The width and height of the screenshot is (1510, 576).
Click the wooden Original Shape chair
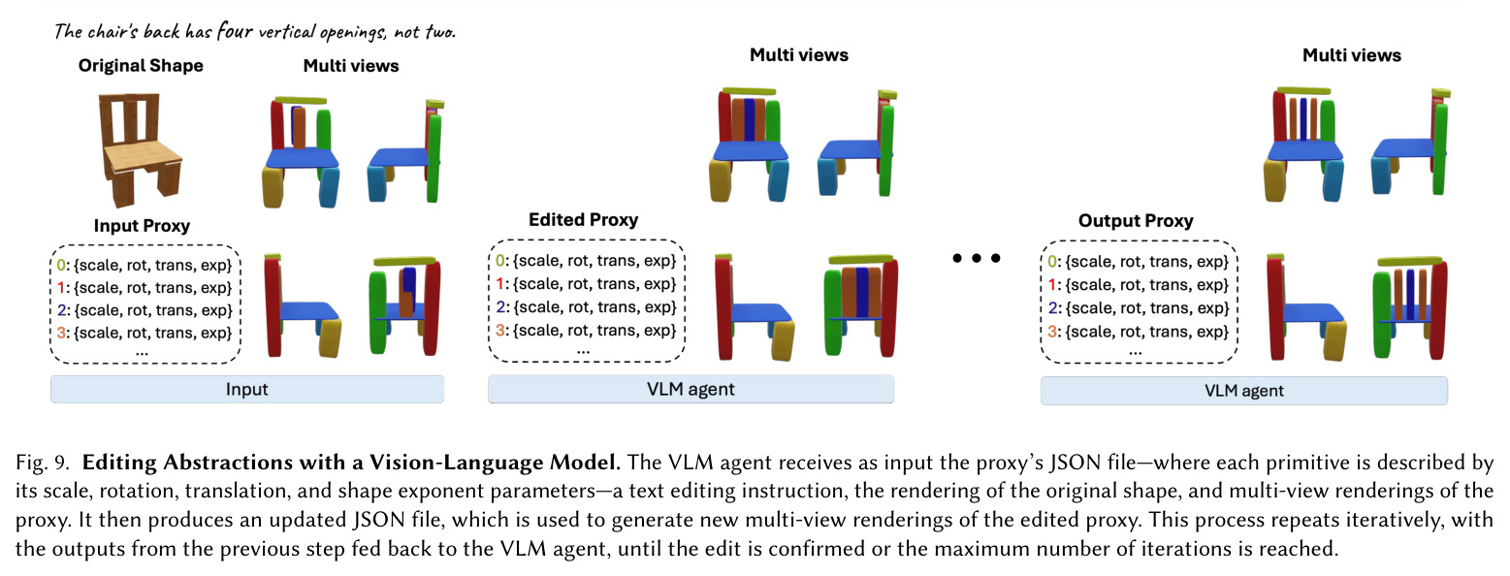[x=141, y=148]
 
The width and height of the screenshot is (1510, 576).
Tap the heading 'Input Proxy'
[x=142, y=226]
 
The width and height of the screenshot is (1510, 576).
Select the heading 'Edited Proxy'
[x=583, y=219]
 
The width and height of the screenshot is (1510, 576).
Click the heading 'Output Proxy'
[x=1136, y=221]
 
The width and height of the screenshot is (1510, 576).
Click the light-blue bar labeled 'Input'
[x=247, y=390]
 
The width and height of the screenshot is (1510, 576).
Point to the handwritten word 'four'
[x=235, y=31]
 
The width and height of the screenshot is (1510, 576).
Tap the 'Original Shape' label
[x=141, y=65]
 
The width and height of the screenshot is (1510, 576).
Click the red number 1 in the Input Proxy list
[x=61, y=288]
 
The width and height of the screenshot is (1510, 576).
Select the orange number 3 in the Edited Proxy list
[x=500, y=330]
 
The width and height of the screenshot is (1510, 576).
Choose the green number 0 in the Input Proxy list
[x=61, y=265]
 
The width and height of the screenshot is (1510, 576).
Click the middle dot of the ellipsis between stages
[x=976, y=258]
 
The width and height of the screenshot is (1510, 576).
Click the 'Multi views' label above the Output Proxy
[x=1352, y=55]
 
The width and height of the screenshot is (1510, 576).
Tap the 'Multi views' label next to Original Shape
[x=350, y=65]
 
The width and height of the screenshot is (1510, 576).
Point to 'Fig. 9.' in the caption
[x=43, y=463]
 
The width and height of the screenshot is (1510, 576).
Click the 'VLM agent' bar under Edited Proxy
[x=691, y=390]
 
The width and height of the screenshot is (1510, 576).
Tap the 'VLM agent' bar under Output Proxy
[x=1243, y=391]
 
